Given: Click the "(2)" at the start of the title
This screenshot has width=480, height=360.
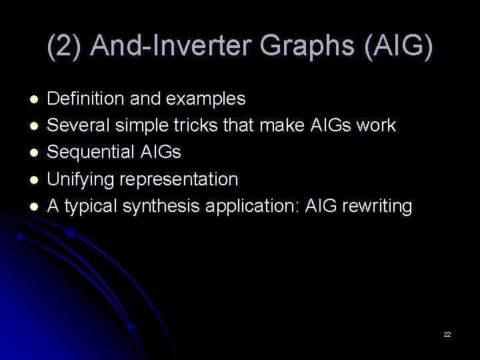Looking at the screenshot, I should pos(65,45).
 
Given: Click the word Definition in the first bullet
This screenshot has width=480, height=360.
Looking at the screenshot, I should pos(83,99).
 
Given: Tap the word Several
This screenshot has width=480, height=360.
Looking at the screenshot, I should pos(76,126).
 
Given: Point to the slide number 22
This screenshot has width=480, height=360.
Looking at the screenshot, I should pos(447,333).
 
